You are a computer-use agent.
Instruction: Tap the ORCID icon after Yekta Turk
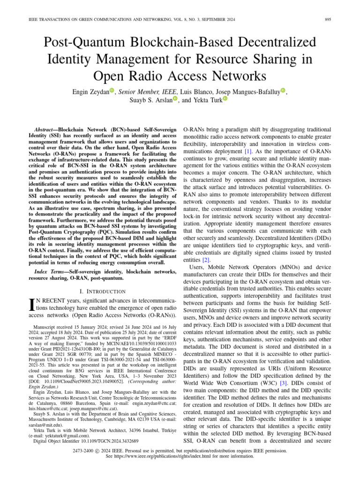point(225,99)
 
